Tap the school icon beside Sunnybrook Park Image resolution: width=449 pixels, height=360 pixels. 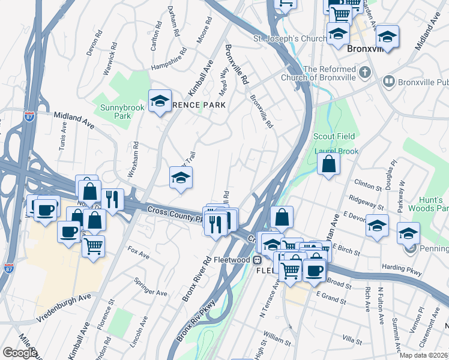coord(160,102)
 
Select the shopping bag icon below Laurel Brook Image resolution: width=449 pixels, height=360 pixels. coord(328,164)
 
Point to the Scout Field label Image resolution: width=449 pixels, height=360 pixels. coord(334,137)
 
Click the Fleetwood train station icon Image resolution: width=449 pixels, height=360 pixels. coord(256,260)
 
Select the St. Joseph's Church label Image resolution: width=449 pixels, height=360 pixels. coord(289,38)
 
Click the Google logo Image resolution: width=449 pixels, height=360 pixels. coord(19,353)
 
